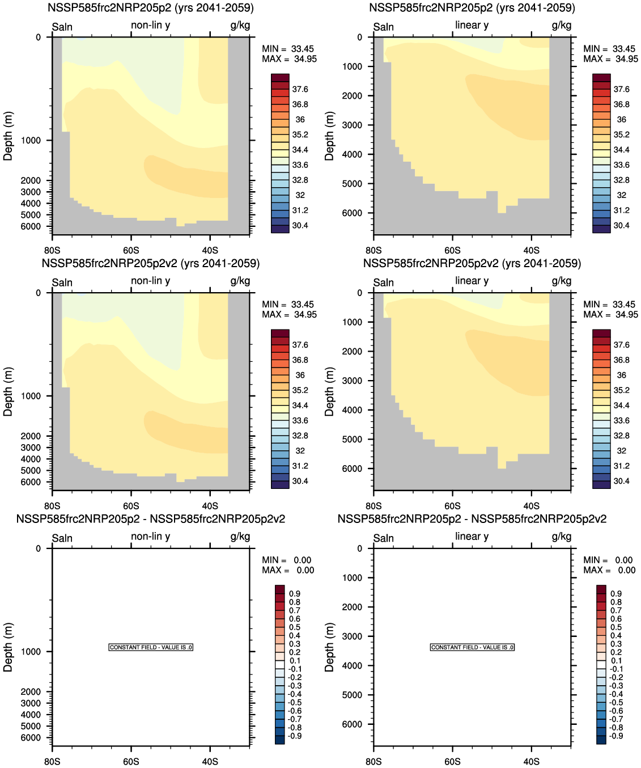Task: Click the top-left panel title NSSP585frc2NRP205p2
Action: pyautogui.click(x=151, y=8)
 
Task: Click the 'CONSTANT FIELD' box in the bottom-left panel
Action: pyautogui.click(x=151, y=647)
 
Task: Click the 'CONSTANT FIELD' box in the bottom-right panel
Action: pyautogui.click(x=472, y=647)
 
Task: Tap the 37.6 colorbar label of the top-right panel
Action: pyautogui.click(x=621, y=89)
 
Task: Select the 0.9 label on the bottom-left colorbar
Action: pyautogui.click(x=295, y=594)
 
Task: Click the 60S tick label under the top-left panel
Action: pyautogui.click(x=131, y=251)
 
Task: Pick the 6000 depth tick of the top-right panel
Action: pyautogui.click(x=352, y=213)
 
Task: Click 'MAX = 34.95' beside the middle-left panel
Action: pyautogui.click(x=289, y=315)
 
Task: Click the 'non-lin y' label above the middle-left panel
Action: pyautogui.click(x=151, y=281)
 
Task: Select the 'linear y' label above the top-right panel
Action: pyautogui.click(x=472, y=25)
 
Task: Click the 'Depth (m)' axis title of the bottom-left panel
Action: pyautogui.click(x=8, y=647)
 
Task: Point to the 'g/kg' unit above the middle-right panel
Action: pyautogui.click(x=561, y=281)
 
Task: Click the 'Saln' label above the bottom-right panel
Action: pyautogui.click(x=384, y=538)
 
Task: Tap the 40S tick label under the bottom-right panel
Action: pyautogui.click(x=531, y=761)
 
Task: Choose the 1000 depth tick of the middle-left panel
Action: pyautogui.click(x=31, y=396)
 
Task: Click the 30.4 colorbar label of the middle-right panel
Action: pyautogui.click(x=621, y=481)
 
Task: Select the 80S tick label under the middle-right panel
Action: pyautogui.click(x=373, y=506)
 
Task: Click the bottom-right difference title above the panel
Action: pyautogui.click(x=472, y=519)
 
